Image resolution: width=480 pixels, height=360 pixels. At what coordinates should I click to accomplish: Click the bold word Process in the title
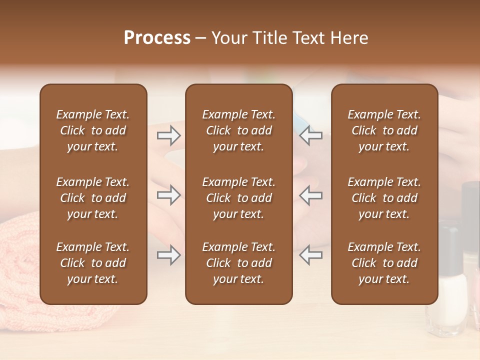(x=157, y=38)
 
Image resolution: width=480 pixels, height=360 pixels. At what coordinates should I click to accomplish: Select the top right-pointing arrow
(x=168, y=135)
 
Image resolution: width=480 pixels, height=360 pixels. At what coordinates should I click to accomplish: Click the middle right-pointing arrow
(x=168, y=195)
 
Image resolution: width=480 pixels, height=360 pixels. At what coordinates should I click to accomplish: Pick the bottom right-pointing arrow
(x=168, y=255)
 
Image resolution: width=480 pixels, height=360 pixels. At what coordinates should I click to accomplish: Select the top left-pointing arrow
(x=311, y=135)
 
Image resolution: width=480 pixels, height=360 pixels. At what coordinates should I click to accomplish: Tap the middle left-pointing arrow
(x=311, y=195)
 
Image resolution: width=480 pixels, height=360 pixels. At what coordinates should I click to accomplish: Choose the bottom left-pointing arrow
(x=311, y=255)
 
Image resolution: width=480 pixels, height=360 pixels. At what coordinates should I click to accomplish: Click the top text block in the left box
(x=93, y=130)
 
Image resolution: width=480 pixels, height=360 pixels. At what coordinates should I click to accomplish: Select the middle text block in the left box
(x=93, y=198)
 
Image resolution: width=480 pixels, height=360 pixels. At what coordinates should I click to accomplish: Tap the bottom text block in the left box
(x=93, y=263)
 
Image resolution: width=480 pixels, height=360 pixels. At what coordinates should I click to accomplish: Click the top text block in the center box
(x=238, y=130)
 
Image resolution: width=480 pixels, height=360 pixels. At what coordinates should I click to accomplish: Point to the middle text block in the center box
(x=238, y=198)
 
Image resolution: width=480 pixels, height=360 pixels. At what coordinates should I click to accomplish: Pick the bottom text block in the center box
(x=238, y=263)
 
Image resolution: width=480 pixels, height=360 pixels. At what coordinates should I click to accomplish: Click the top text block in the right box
(x=384, y=130)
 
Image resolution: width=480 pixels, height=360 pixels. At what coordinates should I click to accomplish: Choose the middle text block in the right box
(x=384, y=198)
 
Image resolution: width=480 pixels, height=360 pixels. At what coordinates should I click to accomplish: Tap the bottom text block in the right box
(x=384, y=263)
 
